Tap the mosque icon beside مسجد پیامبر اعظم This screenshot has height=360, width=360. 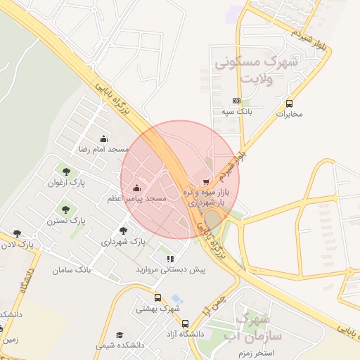point(136,188)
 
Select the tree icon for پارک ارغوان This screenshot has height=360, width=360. point(66,171)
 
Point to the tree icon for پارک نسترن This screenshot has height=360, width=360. point(66,209)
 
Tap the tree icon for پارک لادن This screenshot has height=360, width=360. point(17,233)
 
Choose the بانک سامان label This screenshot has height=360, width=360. point(72,269)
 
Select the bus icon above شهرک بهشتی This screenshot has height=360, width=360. point(158,297)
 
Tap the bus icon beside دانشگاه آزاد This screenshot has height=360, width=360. point(185,324)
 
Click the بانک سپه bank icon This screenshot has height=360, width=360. point(236,101)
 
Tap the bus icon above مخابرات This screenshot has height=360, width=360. point(288,103)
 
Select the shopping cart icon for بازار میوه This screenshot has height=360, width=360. point(205,181)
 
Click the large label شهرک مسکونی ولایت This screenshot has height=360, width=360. point(255,70)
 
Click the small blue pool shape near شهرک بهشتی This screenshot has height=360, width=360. point(176,299)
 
